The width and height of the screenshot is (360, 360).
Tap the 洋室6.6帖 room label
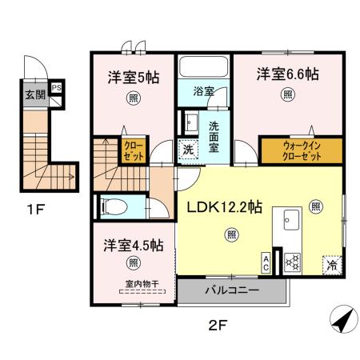coord(287,74)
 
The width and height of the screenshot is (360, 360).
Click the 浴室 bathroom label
coord(203,92)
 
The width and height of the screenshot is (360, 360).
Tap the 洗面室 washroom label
coord(218,130)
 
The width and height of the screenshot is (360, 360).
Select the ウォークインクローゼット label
coord(300,151)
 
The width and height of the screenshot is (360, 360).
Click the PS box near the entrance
coord(56,89)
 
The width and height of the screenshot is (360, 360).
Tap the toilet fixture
coord(114,206)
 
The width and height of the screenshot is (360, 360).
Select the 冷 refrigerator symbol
coord(330,262)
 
